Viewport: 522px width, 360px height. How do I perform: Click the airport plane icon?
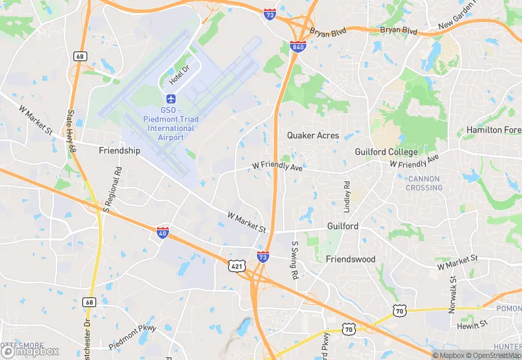coord(171,98)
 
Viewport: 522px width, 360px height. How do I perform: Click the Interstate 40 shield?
coord(162,233)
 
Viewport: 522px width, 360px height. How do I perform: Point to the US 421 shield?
coord(235,264)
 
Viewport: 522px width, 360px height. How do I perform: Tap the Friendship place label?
coord(120,150)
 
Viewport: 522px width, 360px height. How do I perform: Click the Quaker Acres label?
coord(313,135)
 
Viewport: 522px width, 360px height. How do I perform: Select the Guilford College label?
coord(386,152)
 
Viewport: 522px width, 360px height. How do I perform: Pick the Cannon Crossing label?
coord(424,183)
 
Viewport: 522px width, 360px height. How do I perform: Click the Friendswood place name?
coord(351,259)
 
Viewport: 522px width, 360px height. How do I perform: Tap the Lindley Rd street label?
coord(348,196)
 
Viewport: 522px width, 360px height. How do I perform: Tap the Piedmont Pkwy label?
coord(133,335)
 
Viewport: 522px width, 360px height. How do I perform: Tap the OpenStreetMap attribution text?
coord(493,355)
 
